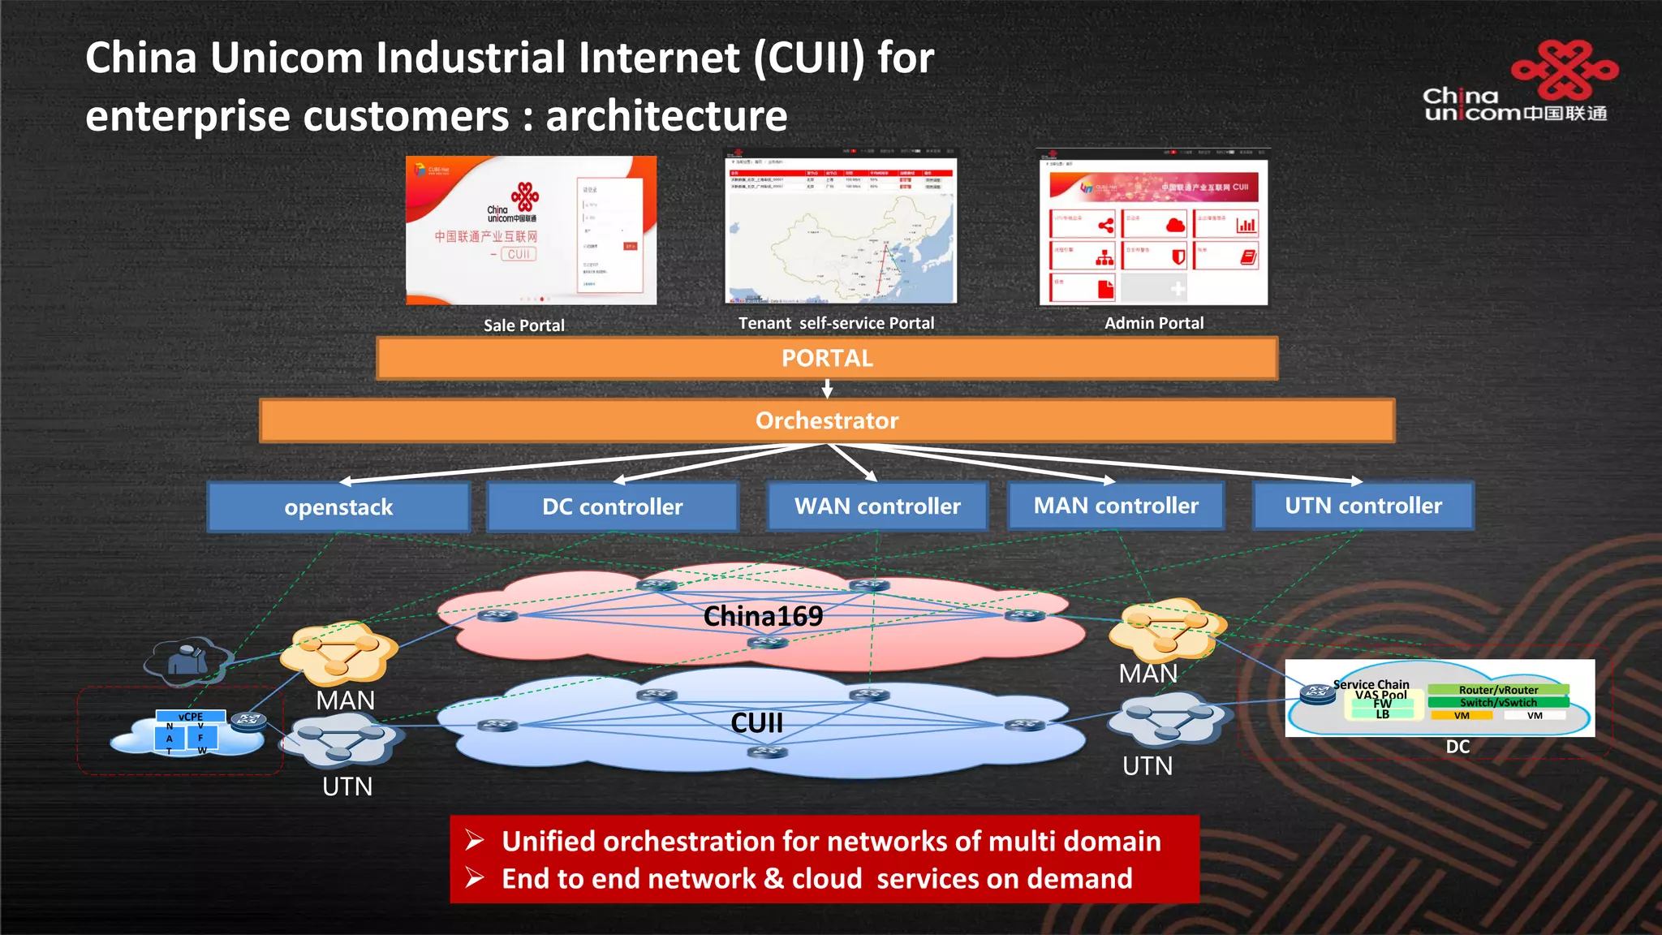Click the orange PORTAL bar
pos(827,358)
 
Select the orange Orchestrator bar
pos(827,420)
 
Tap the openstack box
pos(338,507)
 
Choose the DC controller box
pos(613,506)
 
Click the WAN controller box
pos(877,506)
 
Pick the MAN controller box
pos(1116,506)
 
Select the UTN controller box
pos(1363,506)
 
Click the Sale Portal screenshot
pos(531,231)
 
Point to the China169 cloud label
pos(763,616)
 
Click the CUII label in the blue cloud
pos(756,722)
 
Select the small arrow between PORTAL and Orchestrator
pos(827,390)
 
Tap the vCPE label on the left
pos(191,717)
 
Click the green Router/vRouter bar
pos(1498,690)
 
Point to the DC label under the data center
pos(1457,747)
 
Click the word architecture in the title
pos(666,115)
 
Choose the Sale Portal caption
pos(523,325)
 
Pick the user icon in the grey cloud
pos(187,659)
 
